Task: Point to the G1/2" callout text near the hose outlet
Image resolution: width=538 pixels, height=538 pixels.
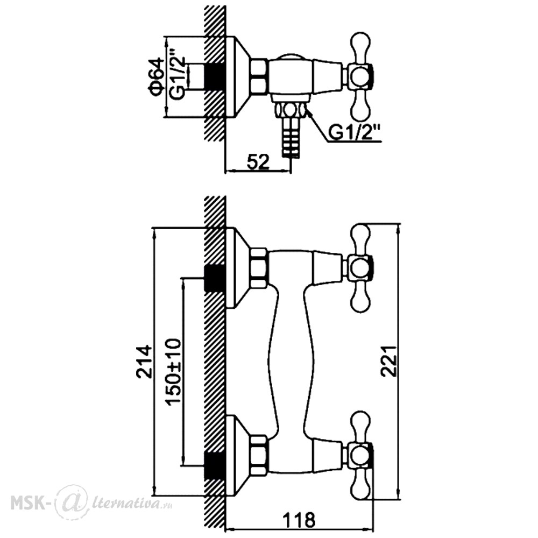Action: [355, 132]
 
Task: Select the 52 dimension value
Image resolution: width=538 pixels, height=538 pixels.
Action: [258, 161]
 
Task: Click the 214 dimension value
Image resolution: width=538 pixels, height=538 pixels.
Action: [144, 362]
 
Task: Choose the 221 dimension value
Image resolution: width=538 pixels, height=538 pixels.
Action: [390, 362]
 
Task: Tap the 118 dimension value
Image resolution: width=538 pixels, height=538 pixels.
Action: [299, 520]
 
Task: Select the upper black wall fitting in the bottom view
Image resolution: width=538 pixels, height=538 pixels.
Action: [215, 278]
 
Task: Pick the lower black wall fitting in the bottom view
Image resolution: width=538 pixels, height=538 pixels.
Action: [215, 466]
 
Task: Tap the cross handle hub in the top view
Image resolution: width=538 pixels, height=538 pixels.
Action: [360, 76]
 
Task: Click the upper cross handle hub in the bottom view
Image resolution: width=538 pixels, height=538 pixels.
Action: [360, 268]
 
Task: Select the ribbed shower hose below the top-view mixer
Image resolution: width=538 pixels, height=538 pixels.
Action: [291, 137]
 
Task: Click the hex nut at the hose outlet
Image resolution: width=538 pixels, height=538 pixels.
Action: [291, 110]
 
